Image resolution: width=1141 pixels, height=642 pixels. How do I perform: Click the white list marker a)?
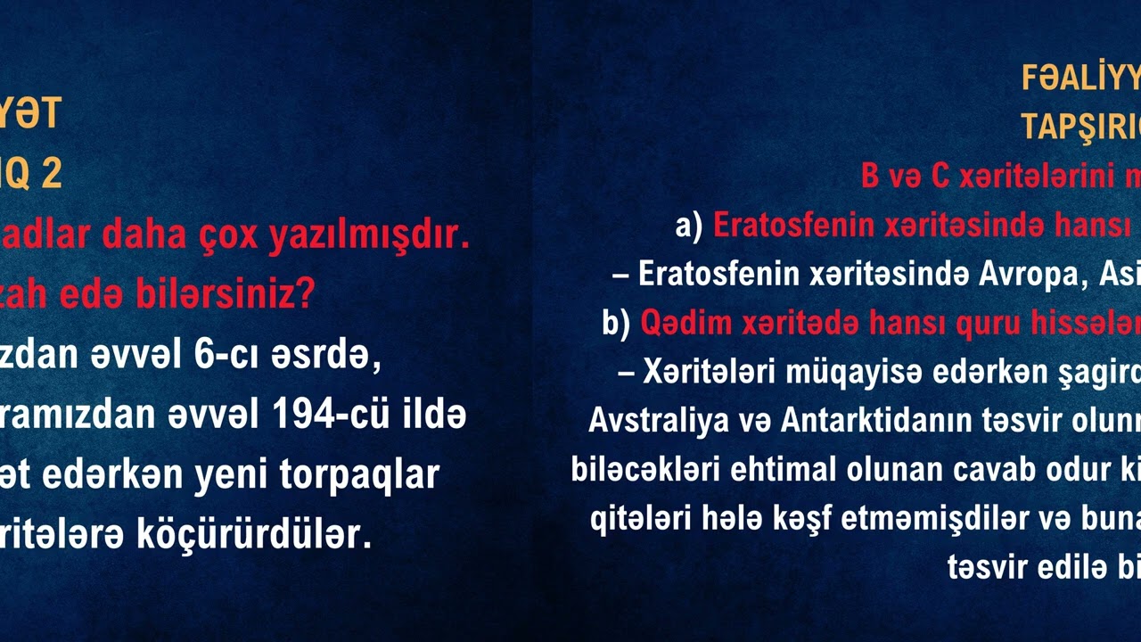(689, 226)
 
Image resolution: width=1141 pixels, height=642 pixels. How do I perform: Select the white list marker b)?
(616, 322)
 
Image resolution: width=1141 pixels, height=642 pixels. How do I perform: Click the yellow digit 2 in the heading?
(51, 174)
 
